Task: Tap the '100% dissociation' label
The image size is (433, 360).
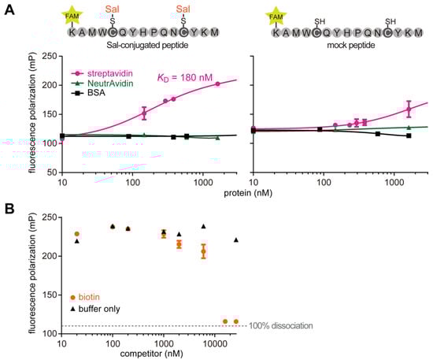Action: coord(282,325)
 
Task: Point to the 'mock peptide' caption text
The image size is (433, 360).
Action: coord(337,46)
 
